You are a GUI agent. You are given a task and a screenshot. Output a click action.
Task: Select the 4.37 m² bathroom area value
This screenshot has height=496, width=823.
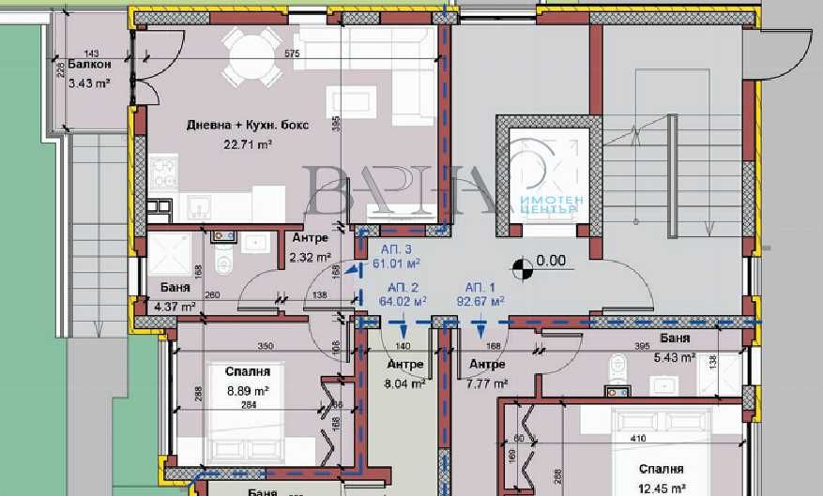pos(175,306)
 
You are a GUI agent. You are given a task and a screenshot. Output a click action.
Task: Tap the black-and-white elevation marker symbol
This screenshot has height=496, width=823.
pos(523,268)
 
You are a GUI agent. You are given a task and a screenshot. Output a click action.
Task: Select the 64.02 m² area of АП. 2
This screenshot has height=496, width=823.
pos(404,302)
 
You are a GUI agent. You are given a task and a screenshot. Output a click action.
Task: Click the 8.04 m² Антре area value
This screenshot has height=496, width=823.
pos(406,383)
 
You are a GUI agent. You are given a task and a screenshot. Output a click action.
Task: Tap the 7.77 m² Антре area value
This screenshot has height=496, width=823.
pos(487,383)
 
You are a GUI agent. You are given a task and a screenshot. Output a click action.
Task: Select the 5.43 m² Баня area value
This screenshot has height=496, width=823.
pos(675,357)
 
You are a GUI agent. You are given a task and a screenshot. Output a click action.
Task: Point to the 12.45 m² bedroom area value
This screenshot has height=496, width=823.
pos(663,486)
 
